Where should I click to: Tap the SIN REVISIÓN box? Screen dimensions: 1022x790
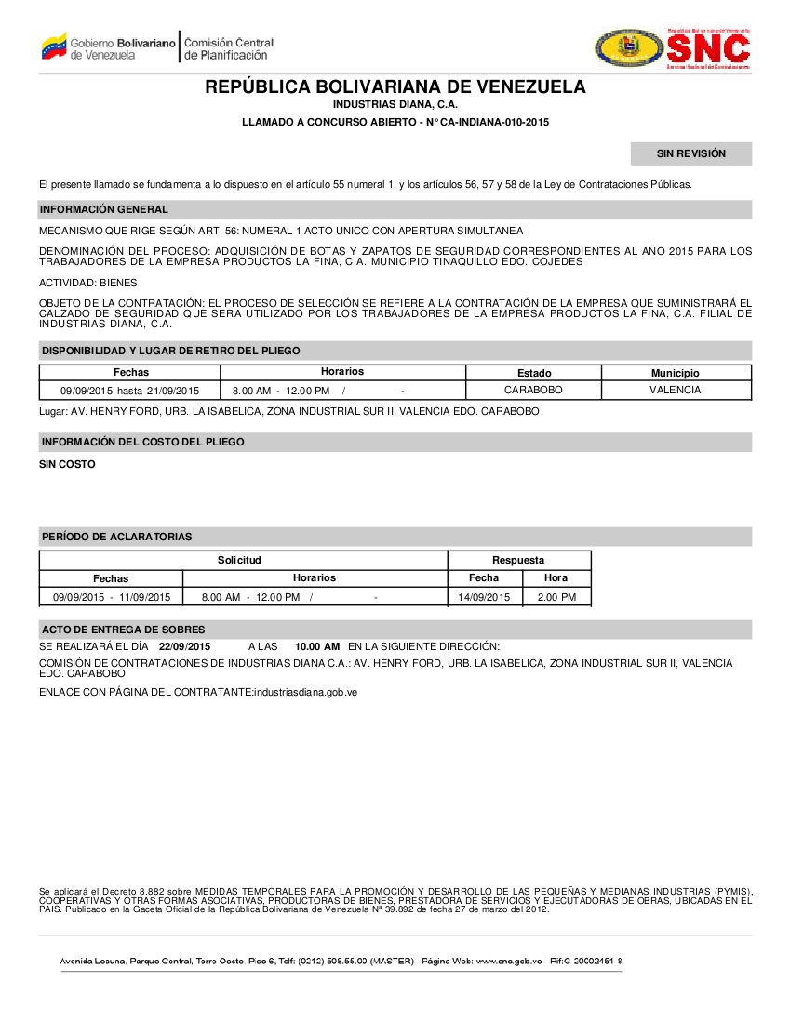tap(690, 153)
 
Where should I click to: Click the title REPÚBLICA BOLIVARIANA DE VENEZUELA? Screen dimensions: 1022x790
tap(395, 87)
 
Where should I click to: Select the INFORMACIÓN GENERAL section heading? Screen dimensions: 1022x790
tap(103, 209)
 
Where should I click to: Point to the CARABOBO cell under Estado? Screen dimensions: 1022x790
tap(533, 391)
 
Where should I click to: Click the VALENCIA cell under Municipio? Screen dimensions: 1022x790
tap(676, 391)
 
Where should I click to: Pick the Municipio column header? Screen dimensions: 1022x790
tap(676, 373)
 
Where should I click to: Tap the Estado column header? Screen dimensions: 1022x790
tap(533, 373)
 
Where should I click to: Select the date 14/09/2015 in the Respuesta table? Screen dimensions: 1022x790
tap(484, 597)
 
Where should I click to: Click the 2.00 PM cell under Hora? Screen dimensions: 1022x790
tap(556, 597)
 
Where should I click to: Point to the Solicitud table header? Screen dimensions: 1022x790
tap(239, 560)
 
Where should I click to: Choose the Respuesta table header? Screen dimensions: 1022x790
tap(518, 560)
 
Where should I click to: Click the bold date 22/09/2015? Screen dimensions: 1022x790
tap(185, 646)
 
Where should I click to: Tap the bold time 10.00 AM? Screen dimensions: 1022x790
tap(317, 646)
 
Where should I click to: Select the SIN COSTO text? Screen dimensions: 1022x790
tap(67, 464)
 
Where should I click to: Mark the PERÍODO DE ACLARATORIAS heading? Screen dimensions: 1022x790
tap(116, 537)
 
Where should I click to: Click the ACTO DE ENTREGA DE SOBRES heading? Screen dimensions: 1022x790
tap(123, 630)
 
